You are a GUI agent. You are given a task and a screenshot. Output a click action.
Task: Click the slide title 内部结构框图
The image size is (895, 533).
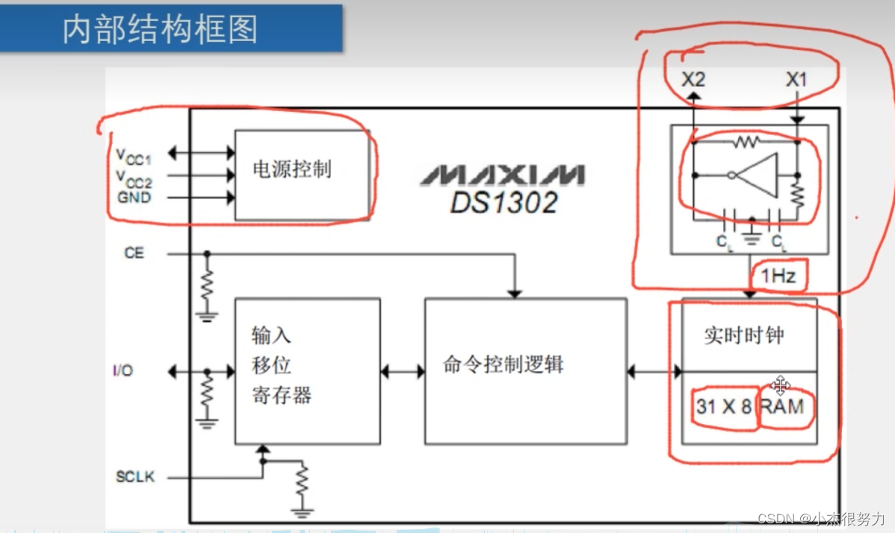pyautogui.click(x=160, y=30)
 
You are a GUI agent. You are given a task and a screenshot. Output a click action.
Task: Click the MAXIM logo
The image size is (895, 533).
pyautogui.click(x=501, y=175)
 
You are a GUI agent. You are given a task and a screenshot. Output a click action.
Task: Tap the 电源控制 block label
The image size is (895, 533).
pyautogui.click(x=291, y=169)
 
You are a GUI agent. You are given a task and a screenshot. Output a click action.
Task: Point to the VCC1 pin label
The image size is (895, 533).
pyautogui.click(x=133, y=155)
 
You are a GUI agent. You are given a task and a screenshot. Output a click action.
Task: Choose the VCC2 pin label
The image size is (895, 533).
pyautogui.click(x=133, y=178)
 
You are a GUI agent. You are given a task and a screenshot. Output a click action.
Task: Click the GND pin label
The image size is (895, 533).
pyautogui.click(x=134, y=198)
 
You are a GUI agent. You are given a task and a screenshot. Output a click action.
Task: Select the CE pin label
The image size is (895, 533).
pyautogui.click(x=134, y=253)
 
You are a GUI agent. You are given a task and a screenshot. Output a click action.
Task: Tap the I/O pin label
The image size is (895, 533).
pyautogui.click(x=123, y=370)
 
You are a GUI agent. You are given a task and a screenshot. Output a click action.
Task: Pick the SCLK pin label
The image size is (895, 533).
pyautogui.click(x=135, y=476)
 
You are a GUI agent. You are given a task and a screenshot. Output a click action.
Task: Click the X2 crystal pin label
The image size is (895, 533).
pyautogui.click(x=693, y=78)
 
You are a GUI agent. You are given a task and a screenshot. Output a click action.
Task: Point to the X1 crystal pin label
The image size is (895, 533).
pyautogui.click(x=796, y=78)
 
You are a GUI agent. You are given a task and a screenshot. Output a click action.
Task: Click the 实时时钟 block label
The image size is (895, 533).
pyautogui.click(x=743, y=335)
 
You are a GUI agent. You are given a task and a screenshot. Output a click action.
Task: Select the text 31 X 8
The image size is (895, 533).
pyautogui.click(x=723, y=407)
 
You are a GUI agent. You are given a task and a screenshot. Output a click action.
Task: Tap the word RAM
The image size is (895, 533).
pyautogui.click(x=784, y=407)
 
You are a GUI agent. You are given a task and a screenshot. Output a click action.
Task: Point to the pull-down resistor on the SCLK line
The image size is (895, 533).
pyautogui.click(x=302, y=484)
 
